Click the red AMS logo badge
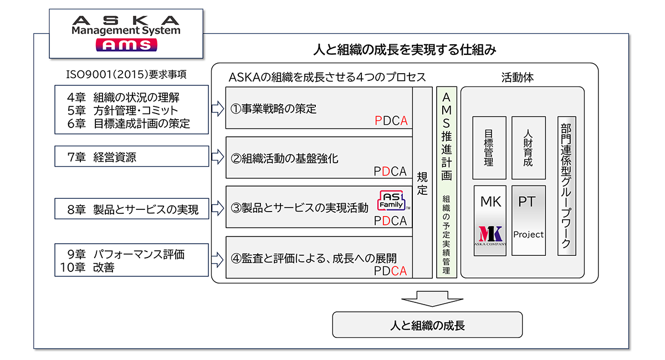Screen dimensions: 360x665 point(126,45)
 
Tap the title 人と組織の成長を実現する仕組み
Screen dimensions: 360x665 point(404,50)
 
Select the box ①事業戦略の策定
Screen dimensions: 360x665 point(319,108)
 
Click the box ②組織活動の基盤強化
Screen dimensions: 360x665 point(319,158)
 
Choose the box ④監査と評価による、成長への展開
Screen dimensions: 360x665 point(319,258)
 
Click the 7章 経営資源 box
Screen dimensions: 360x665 point(131,157)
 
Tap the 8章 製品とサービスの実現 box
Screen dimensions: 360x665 point(131,209)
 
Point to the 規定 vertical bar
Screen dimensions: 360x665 point(422,183)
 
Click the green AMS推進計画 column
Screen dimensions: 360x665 point(446,183)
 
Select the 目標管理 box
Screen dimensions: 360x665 point(488,148)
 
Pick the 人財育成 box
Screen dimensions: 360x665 point(528,148)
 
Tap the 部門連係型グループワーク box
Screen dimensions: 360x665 point(566,186)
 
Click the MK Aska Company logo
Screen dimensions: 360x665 point(490,233)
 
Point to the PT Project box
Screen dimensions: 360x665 point(528,220)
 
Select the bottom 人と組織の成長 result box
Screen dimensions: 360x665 point(427,325)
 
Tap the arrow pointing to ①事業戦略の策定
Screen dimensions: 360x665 point(217,106)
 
